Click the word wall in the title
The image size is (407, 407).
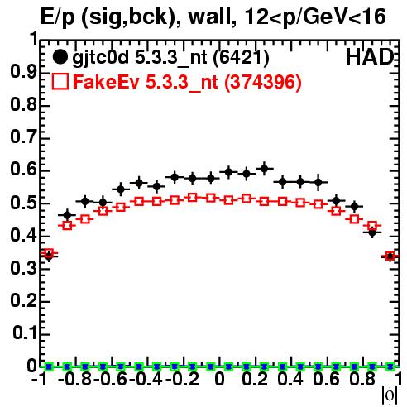(x=212, y=17)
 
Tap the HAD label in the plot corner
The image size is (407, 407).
(x=370, y=57)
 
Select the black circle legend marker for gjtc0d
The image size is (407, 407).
(x=60, y=57)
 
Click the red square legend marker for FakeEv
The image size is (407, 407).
(x=60, y=82)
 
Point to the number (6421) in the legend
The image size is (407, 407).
(x=242, y=57)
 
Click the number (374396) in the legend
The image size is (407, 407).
(x=263, y=82)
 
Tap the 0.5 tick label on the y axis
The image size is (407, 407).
(x=23, y=203)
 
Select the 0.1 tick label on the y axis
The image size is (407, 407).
(x=25, y=333)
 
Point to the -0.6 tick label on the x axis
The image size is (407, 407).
(x=111, y=379)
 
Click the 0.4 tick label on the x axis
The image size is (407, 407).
(x=290, y=379)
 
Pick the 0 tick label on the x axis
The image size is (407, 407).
(x=219, y=379)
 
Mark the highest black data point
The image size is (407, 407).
(x=264, y=169)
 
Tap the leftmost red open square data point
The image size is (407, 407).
(x=49, y=253)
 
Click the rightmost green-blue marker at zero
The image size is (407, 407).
(x=390, y=366)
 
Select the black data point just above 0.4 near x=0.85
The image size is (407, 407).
(x=372, y=233)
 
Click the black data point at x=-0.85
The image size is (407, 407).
(x=67, y=215)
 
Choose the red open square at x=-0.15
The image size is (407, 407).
(x=193, y=198)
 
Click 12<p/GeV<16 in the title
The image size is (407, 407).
(x=315, y=17)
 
